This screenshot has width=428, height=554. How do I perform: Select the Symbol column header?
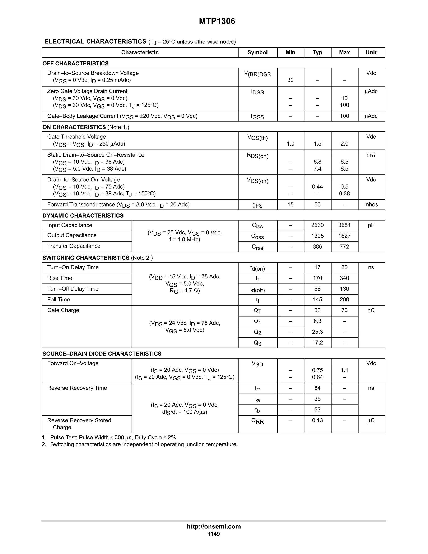[x=257, y=52]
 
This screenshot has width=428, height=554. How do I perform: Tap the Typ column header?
[x=317, y=52]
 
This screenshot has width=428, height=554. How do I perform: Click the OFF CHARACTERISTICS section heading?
[x=76, y=63]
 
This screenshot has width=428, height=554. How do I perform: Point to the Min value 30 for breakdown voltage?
[x=290, y=80]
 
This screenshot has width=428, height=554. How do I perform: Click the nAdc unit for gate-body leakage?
[x=371, y=116]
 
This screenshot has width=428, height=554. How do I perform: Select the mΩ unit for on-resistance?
[x=371, y=155]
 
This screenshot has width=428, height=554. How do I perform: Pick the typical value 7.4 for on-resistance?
[x=317, y=169]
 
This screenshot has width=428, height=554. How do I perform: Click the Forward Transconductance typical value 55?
[x=317, y=205]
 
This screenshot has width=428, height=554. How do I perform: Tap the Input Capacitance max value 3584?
[x=344, y=225]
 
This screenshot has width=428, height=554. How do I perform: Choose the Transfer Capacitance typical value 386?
[x=317, y=246]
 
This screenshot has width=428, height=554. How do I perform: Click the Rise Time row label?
[x=60, y=278]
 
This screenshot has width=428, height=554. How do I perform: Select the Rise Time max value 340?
[x=344, y=278]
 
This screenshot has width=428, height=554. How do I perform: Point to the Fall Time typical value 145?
[x=317, y=300]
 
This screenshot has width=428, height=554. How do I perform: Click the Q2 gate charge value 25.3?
[x=317, y=332]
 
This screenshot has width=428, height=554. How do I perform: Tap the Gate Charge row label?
[x=63, y=310]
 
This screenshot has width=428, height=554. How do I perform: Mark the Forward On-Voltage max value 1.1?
[x=344, y=370]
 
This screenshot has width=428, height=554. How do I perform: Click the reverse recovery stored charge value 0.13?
[x=317, y=420]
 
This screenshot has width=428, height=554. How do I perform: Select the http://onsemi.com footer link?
[x=214, y=527]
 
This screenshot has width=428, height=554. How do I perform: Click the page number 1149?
[x=214, y=534]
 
